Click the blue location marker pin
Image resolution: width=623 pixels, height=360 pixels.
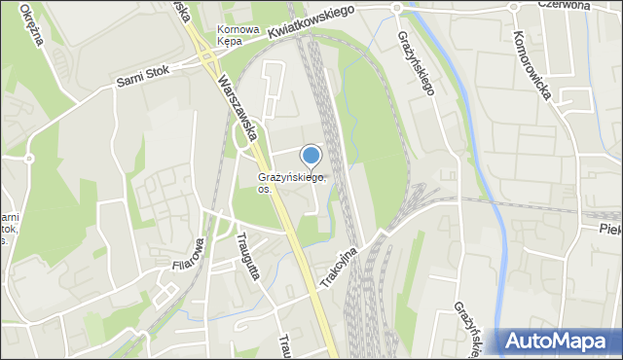tap(311, 155)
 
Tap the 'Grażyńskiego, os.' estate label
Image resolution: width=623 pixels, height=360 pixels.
tap(291, 182)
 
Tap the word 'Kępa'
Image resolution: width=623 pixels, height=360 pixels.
tap(230, 42)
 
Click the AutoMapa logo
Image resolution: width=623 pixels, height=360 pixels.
tap(557, 341)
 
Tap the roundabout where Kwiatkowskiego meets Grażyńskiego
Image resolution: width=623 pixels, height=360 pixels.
tap(396, 8)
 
